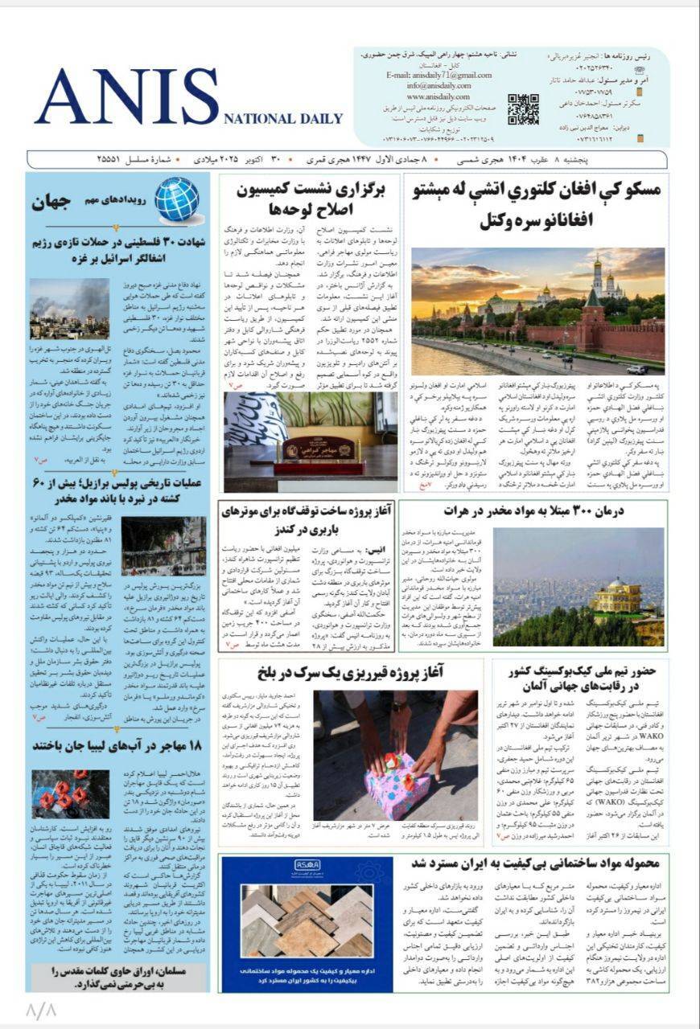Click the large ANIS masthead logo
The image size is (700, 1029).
point(127,96)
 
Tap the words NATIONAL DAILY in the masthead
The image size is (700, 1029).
point(282,119)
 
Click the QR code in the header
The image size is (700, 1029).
point(523,109)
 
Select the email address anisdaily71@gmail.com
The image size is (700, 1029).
point(439,76)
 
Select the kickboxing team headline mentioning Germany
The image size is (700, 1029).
point(582,680)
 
